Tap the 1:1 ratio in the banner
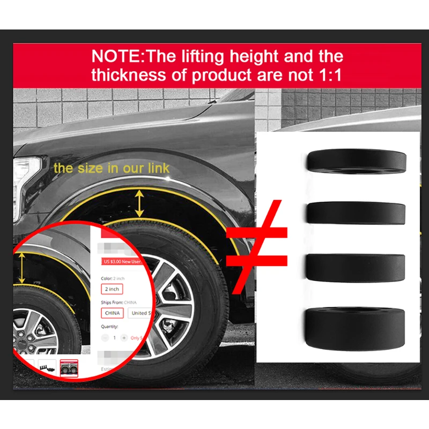pyautogui.click(x=328, y=74)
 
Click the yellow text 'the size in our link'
pyautogui.click(x=112, y=168)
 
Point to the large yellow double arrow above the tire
pyautogui.click(x=139, y=203)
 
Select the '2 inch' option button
pyautogui.click(x=112, y=289)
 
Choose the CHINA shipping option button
pyautogui.click(x=112, y=313)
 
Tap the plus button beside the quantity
pyautogui.click(x=124, y=338)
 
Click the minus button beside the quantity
pyautogui.click(x=105, y=338)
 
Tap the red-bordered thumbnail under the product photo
pyautogui.click(x=69, y=367)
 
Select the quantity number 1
pyautogui.click(x=114, y=338)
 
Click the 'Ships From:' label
pyautogui.click(x=113, y=302)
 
